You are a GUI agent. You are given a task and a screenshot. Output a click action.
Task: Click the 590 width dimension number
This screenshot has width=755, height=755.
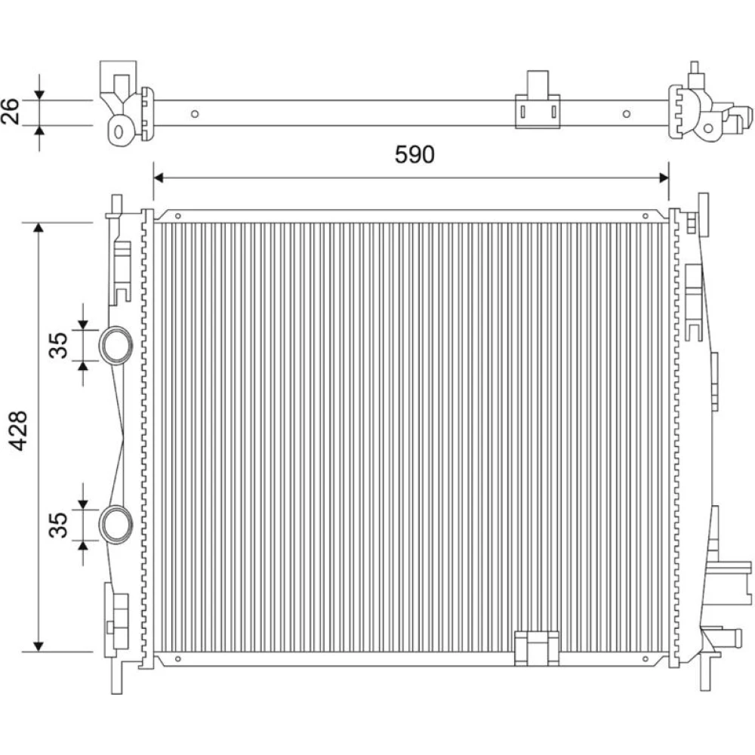414,155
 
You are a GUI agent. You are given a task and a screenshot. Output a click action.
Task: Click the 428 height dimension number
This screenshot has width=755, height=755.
20,430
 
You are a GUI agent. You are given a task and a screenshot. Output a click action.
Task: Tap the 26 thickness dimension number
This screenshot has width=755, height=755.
10,111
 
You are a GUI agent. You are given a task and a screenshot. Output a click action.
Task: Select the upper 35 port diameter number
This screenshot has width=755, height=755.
59,345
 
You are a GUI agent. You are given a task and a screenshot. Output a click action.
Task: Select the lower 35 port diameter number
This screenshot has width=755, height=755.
59,525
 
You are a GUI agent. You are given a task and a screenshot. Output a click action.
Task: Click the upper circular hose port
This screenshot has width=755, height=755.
116,345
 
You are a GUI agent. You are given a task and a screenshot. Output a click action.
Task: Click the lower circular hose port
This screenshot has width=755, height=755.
116,525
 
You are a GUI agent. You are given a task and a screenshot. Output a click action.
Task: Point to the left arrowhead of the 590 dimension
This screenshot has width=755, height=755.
159,178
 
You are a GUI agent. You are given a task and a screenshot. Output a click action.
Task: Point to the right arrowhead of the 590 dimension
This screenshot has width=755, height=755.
664,178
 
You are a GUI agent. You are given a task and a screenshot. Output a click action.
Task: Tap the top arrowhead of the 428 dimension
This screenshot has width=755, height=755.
39,228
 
